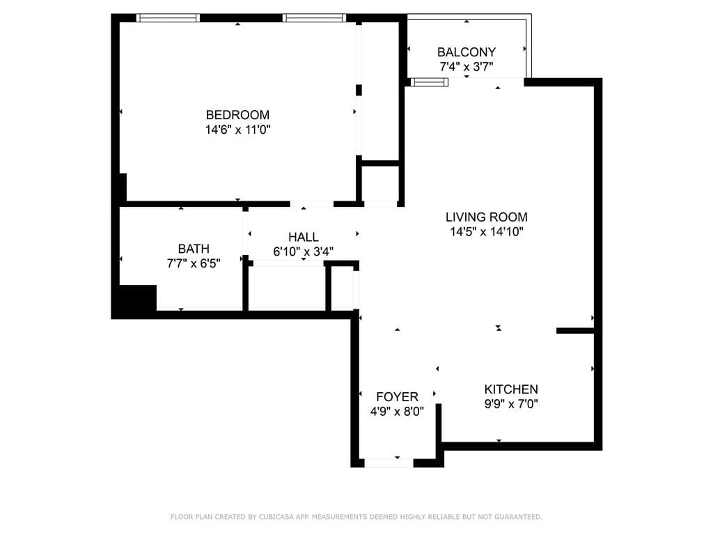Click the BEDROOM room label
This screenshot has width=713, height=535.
click(237, 115)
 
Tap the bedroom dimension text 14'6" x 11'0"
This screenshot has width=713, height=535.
click(237, 130)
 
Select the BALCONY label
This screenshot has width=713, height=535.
click(466, 52)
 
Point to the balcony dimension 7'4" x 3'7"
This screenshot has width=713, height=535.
click(466, 67)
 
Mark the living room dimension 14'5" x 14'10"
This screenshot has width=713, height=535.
click(486, 232)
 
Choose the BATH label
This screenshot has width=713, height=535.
click(194, 249)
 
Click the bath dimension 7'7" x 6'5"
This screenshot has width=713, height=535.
click(194, 263)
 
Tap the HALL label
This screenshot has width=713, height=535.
click(303, 238)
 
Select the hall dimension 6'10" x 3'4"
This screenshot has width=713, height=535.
click(303, 251)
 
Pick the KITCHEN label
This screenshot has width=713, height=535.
click(511, 389)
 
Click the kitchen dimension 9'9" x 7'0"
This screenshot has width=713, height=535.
click(511, 404)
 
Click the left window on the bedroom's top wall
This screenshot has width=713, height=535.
click(168, 18)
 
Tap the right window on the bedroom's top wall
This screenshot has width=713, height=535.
click(315, 18)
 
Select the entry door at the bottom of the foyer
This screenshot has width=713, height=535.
click(389, 463)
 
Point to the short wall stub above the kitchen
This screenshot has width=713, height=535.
click(575, 331)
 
